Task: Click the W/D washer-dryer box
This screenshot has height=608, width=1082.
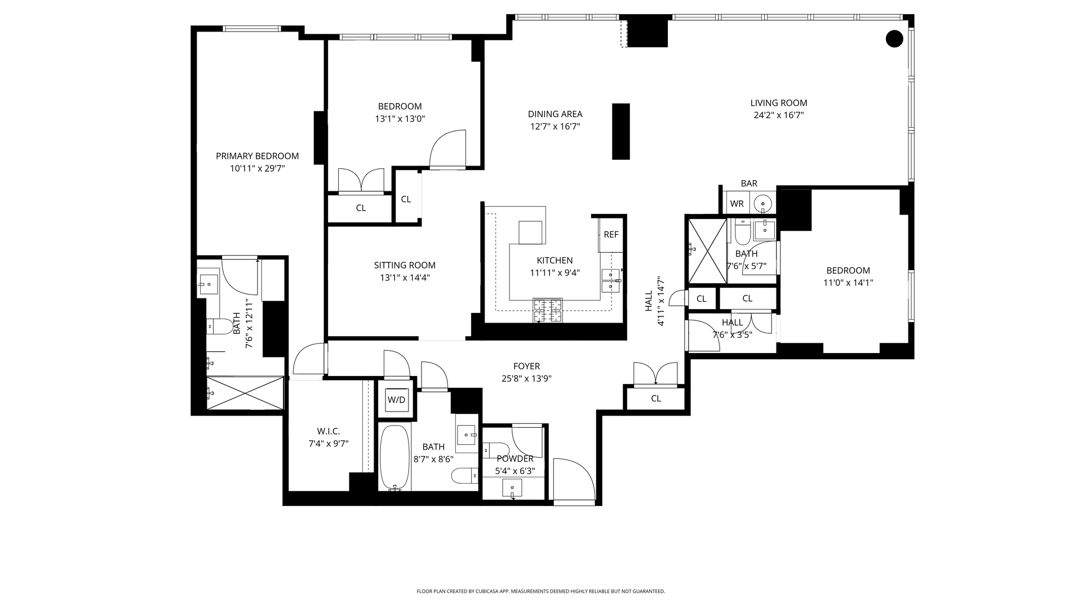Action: [396, 400]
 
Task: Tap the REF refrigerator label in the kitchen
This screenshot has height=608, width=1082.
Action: [611, 235]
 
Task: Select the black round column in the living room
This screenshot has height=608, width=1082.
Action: [894, 39]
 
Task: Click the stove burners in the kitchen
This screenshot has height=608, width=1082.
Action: [548, 310]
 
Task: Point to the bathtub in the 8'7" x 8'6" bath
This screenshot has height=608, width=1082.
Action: [394, 458]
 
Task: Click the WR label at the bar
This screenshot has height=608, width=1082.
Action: [737, 204]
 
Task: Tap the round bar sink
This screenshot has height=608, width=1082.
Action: [763, 203]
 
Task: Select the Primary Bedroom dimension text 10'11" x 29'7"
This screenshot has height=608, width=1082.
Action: [258, 168]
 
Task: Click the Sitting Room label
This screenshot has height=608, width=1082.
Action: [405, 265]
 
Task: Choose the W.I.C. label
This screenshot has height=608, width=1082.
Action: [328, 431]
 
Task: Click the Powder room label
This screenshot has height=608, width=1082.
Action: [515, 459]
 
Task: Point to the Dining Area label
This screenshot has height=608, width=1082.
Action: [555, 114]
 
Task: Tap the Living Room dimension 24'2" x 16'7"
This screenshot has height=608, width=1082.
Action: [778, 115]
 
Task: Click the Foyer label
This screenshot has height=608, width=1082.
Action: [526, 366]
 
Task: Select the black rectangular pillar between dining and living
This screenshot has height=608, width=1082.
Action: [621, 131]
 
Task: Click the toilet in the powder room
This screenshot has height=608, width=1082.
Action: [495, 450]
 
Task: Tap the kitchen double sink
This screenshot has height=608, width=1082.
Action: [610, 280]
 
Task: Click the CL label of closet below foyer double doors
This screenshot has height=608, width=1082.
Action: [655, 399]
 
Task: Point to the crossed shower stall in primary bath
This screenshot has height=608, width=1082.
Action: [245, 393]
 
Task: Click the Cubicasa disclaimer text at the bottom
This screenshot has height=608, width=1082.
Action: [540, 592]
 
